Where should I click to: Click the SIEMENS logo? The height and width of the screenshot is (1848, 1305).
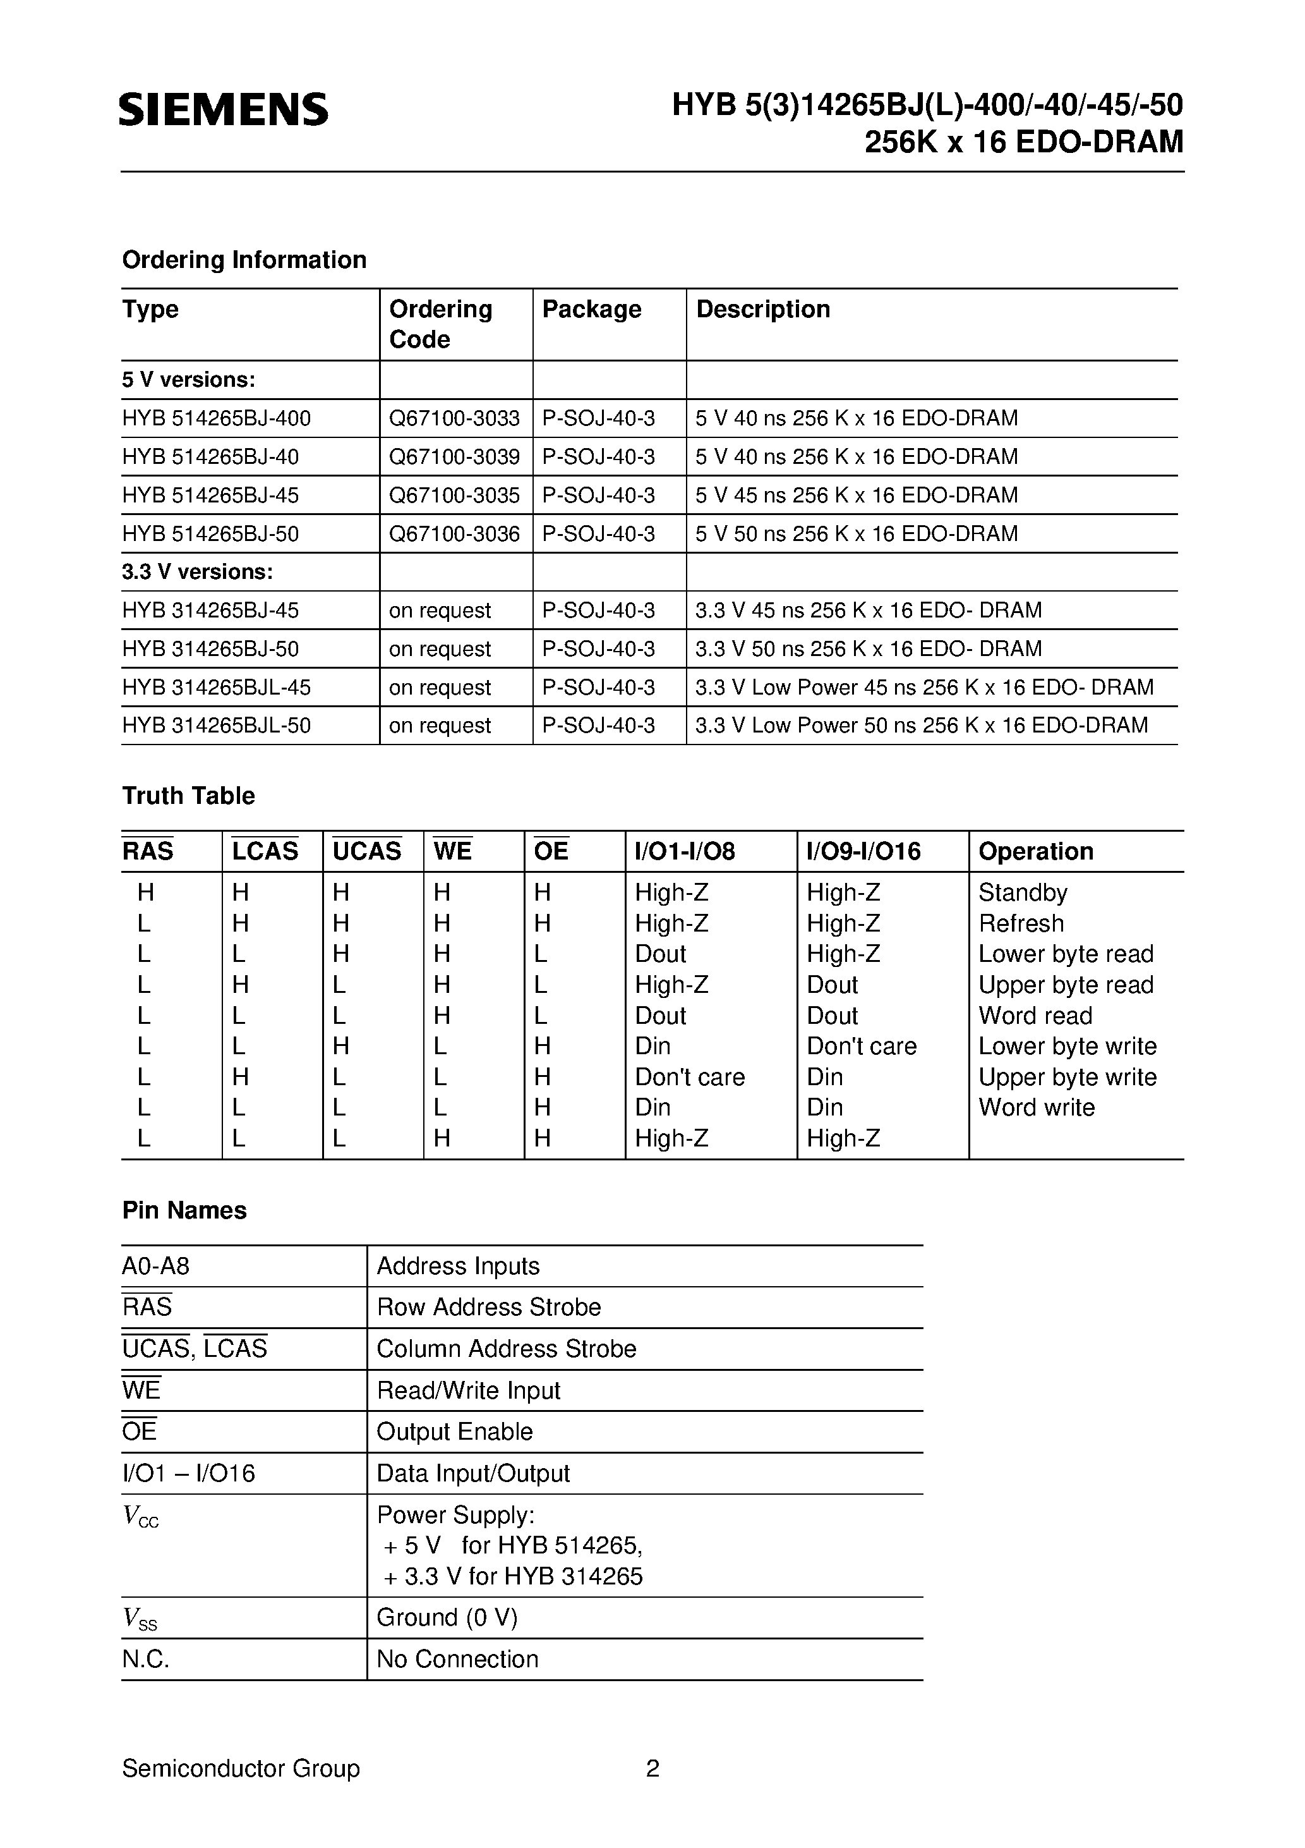224,109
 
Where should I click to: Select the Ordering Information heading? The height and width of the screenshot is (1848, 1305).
244,260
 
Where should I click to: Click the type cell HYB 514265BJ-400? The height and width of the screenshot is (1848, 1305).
217,418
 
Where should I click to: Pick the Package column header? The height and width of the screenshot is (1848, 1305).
591,309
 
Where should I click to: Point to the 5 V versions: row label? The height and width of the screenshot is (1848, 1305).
188,380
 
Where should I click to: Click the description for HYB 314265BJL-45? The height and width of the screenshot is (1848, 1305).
923,688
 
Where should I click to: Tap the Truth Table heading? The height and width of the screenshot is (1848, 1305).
188,796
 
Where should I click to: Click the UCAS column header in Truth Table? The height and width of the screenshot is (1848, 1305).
367,851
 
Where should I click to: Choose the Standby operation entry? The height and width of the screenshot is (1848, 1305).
1023,892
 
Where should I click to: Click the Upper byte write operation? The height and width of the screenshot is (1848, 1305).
1067,1077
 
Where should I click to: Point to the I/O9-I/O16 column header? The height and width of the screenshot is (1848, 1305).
863,851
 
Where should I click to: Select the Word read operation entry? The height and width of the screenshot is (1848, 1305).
1035,1016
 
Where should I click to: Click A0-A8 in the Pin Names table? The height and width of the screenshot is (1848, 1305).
156,1266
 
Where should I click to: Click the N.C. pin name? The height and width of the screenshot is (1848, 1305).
146,1659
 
